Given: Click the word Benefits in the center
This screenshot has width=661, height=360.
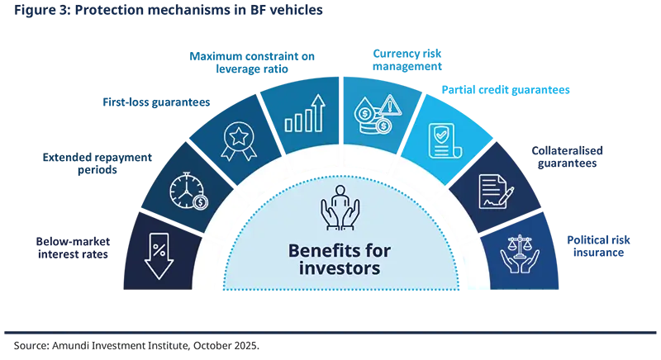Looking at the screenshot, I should (317, 250).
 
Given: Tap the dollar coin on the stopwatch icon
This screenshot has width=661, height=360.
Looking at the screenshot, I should (198, 201).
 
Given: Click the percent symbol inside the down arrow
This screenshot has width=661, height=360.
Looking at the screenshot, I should (159, 247).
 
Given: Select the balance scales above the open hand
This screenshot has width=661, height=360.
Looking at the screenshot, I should (521, 245).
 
